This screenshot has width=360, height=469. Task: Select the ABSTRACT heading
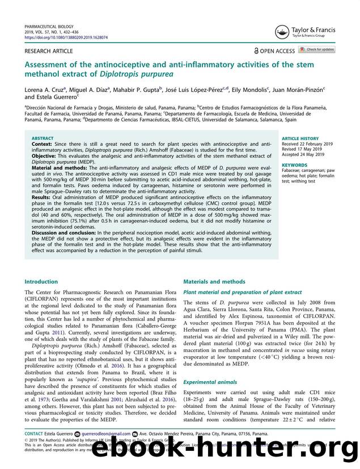pyautogui.click(x=43, y=138)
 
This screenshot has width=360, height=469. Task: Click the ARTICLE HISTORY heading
pyautogui.click(x=299, y=138)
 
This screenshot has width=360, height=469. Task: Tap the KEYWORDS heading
pyautogui.click(x=294, y=165)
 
